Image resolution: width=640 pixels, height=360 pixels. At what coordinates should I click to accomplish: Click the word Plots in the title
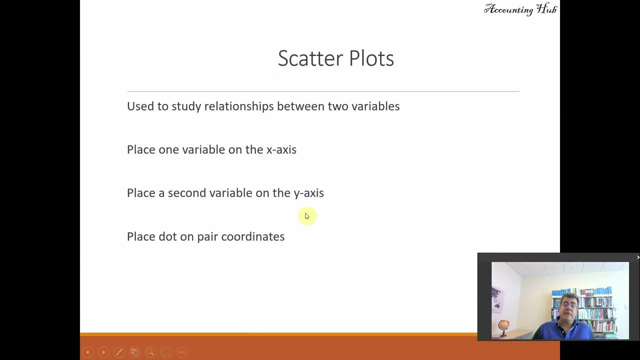coord(371,58)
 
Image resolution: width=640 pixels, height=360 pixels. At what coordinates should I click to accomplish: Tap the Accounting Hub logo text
coord(520,9)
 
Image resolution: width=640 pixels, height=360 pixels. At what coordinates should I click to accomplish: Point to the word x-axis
coord(281,149)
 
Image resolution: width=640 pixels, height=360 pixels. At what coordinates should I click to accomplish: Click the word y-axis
coord(308,193)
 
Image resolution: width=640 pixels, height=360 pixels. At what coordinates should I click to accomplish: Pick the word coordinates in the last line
coord(252,236)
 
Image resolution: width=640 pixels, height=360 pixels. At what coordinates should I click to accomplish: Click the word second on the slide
coord(187,193)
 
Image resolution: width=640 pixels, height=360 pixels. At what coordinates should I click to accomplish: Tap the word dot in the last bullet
coord(167,236)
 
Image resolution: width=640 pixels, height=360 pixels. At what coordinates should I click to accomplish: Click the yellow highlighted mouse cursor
coord(306,216)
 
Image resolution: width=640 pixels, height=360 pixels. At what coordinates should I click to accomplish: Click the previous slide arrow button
coord(87,352)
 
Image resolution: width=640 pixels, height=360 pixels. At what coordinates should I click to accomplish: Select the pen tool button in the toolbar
coord(118,352)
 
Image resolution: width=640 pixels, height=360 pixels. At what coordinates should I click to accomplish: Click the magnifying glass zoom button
coord(150,352)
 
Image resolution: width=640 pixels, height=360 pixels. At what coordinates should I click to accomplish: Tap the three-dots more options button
coord(182,352)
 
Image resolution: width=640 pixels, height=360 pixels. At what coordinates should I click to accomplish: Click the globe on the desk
coord(504,326)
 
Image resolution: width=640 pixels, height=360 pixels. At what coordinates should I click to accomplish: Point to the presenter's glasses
coord(569,304)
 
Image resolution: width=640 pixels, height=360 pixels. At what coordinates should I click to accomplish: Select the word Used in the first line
coord(137,106)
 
